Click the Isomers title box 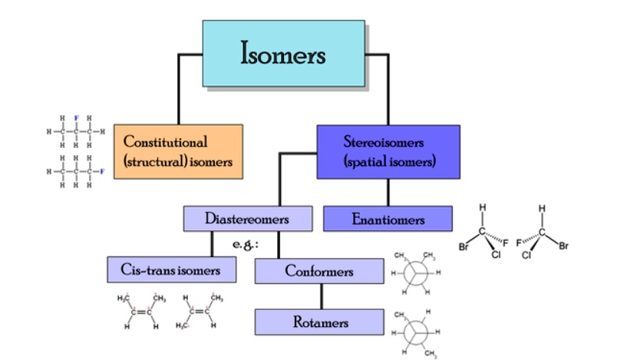[x=283, y=53]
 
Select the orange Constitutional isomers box [x=178, y=151]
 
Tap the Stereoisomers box [x=388, y=151]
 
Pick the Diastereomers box [x=247, y=220]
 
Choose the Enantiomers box [x=388, y=220]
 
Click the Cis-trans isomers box [x=170, y=269]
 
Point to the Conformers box [x=318, y=271]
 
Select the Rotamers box [x=318, y=322]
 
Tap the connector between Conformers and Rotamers [x=321, y=296]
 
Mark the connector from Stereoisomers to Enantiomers [x=388, y=192]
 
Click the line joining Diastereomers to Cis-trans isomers [x=212, y=243]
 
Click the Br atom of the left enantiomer [x=464, y=247]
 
